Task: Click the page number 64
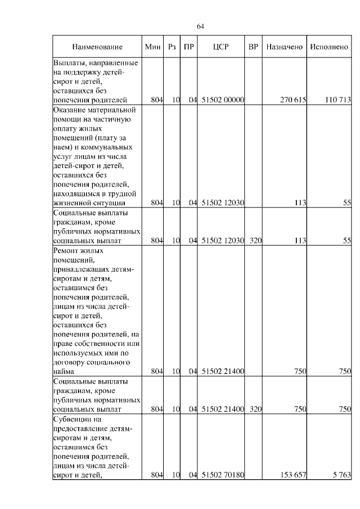(x=201, y=26)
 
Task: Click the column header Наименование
(x=97, y=47)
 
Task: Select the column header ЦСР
(x=221, y=47)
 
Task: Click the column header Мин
(x=153, y=47)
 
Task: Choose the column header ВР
(x=253, y=47)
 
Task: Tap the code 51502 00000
(x=222, y=100)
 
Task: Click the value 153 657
(x=292, y=475)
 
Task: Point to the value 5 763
(x=341, y=475)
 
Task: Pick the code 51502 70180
(x=222, y=475)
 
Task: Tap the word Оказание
(x=70, y=110)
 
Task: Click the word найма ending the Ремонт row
(x=64, y=372)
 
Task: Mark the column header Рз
(x=172, y=47)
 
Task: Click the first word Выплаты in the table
(x=69, y=62)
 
